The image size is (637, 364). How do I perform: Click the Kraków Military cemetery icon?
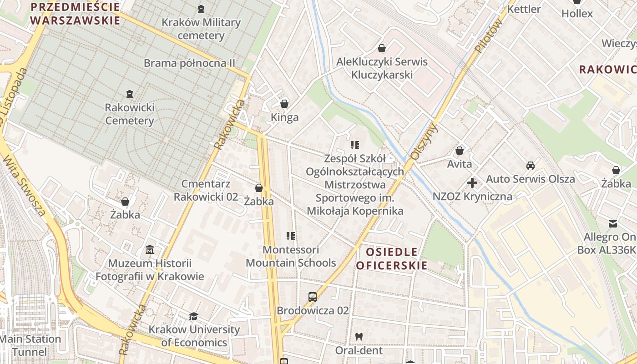201,9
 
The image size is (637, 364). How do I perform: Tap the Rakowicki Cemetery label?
130,114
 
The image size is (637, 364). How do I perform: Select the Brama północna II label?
189,63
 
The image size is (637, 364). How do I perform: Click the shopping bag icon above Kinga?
284,104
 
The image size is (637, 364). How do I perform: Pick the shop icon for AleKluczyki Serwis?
382,48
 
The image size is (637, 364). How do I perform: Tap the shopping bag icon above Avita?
460,151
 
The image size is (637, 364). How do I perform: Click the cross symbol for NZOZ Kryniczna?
472,183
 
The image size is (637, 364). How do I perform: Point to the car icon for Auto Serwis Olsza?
530,166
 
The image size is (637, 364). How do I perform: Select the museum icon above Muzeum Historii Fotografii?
149,250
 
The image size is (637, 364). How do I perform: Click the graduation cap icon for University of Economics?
194,316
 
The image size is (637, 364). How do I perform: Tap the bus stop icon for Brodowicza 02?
313,297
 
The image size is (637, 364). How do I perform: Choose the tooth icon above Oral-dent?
359,337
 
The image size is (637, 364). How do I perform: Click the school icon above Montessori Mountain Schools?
291,236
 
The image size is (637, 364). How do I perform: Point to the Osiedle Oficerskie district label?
392,258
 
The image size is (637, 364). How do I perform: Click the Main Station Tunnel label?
30,345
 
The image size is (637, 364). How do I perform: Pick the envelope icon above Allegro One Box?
613,223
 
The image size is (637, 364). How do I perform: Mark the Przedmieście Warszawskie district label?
75,14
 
